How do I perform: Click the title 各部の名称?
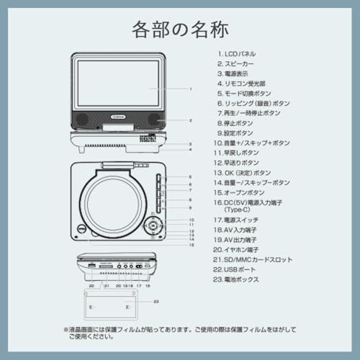point(180,30)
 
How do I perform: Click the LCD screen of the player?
point(118,84)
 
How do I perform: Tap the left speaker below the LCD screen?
point(81,119)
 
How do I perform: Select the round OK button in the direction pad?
point(153,225)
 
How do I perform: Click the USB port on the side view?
point(91,266)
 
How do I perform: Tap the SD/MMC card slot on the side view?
point(105,266)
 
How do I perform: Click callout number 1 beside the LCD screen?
point(190,89)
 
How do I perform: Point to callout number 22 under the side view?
point(91,286)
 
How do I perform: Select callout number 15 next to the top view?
point(192,245)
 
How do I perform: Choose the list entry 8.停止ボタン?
point(235,123)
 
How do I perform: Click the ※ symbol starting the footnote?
point(66,330)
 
